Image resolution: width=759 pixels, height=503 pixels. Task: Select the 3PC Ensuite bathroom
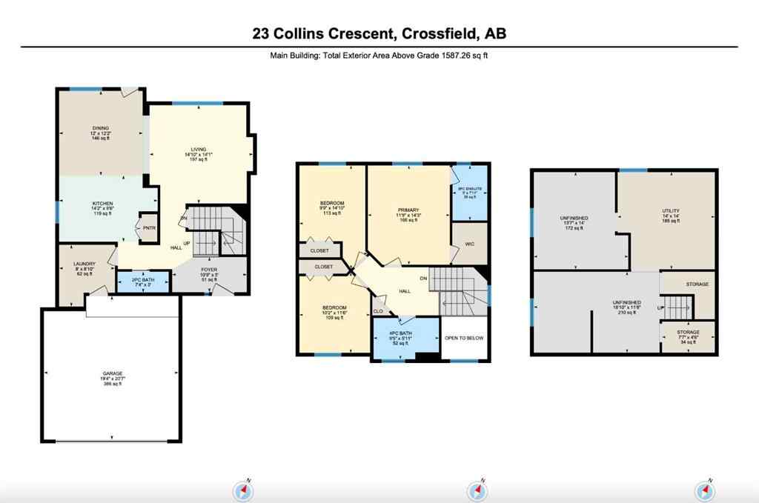click(469, 193)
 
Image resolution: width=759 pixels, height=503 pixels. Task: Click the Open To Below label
click(465, 338)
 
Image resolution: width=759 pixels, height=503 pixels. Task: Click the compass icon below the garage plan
click(244, 490)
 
